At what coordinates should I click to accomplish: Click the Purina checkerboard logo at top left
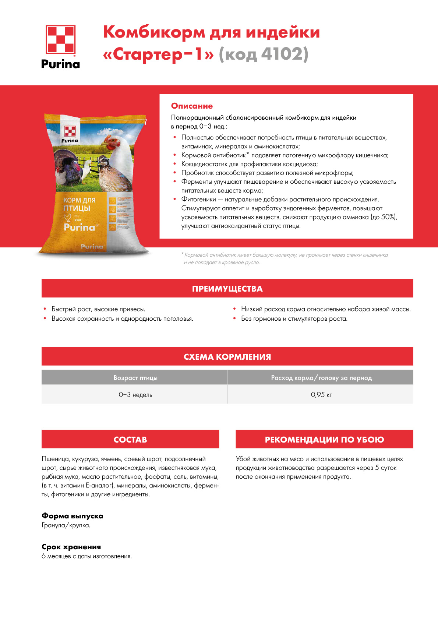(60, 40)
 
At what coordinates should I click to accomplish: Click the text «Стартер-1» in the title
(158, 54)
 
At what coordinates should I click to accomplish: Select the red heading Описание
(192, 106)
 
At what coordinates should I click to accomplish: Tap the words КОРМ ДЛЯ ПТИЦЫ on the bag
(79, 204)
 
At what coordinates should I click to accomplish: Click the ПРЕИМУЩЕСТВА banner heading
(227, 289)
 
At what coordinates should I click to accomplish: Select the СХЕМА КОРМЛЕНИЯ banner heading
(227, 357)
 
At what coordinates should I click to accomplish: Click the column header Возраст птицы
(135, 378)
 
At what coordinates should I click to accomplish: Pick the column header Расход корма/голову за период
(321, 378)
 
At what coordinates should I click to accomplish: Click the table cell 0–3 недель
(135, 395)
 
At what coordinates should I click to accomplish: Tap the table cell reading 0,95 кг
(321, 395)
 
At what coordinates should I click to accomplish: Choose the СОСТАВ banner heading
(130, 440)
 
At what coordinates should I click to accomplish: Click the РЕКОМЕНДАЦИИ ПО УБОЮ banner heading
(324, 440)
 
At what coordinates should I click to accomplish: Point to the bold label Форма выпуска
(72, 516)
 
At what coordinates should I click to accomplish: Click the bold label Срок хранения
(71, 547)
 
